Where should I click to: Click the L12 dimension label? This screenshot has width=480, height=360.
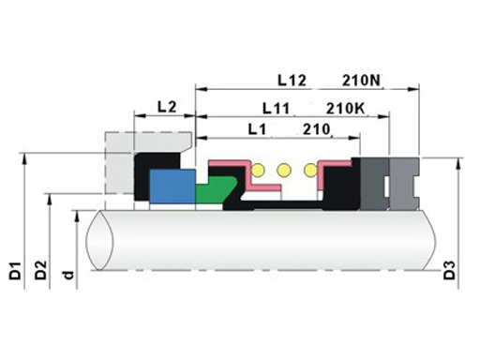292,81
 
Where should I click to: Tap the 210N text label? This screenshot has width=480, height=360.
361,81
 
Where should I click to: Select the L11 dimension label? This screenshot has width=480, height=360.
276,109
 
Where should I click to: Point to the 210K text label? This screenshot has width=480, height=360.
345,109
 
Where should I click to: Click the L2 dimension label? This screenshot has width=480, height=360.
167,107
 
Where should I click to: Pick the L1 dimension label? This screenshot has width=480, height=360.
257,129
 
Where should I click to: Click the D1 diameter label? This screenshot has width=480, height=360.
15,271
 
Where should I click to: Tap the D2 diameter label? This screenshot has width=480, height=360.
40,270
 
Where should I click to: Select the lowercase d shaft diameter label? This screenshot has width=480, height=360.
68,275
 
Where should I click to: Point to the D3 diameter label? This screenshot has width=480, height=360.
449,270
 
